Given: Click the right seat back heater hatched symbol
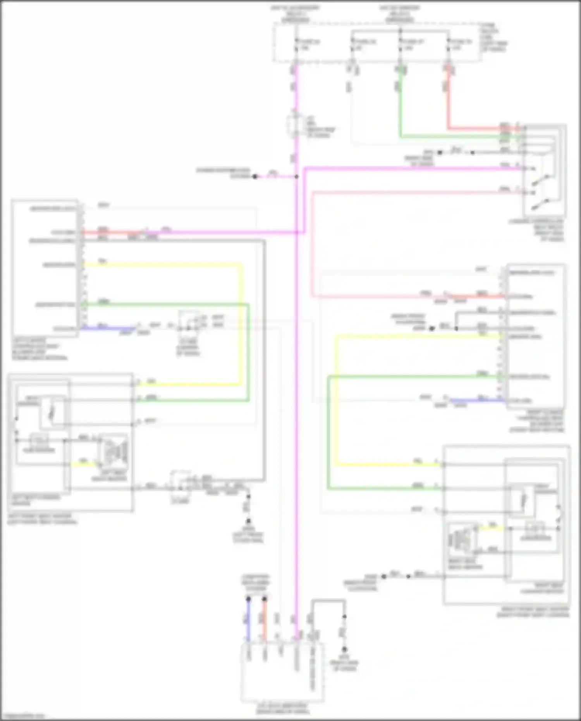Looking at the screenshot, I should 462,539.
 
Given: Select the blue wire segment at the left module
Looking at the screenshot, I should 108,329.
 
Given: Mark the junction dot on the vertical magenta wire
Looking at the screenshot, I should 296,177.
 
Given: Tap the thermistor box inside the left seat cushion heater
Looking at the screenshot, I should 39,441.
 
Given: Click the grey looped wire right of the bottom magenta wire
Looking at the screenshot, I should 328,601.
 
